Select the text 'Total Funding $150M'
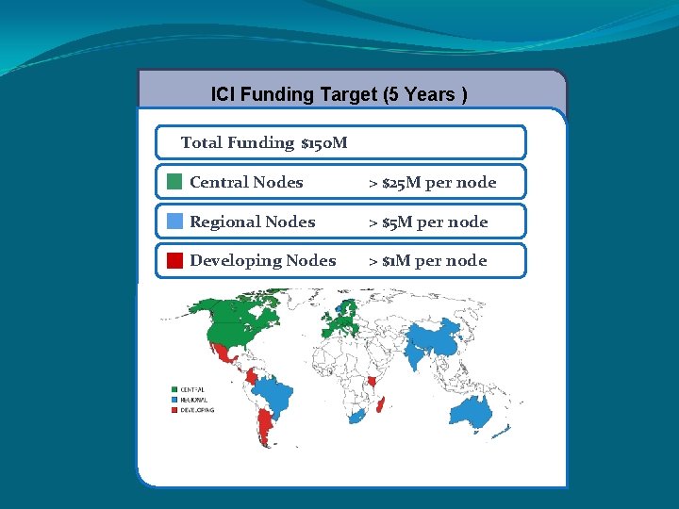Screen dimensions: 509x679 point(264,142)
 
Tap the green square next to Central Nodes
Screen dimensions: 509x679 point(174,182)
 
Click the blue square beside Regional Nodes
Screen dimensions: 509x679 point(174,222)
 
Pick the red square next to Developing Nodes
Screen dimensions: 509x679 point(174,261)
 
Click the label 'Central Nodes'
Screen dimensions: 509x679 point(246,182)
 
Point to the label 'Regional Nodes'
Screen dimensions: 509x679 point(252,222)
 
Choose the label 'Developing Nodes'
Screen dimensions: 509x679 point(262,261)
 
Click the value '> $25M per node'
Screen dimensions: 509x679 point(432,182)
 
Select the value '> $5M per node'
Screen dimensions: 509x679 point(428,222)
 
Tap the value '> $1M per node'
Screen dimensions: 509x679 point(427,261)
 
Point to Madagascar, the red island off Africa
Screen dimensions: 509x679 point(381,405)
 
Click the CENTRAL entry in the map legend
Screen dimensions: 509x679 point(191,389)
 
